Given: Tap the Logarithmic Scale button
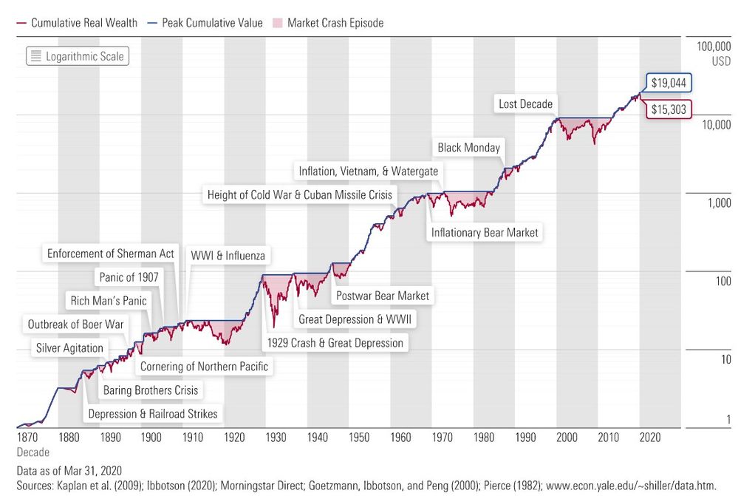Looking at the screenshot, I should (x=77, y=56).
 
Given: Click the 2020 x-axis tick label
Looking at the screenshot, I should (x=649, y=438).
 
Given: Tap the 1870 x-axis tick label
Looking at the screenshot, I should (x=27, y=438).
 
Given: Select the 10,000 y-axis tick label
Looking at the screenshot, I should (x=713, y=125).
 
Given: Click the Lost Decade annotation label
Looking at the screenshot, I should (x=525, y=104).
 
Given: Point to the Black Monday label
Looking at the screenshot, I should (x=468, y=148).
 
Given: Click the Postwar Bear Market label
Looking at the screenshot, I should (x=382, y=296).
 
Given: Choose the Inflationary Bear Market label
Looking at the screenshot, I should (x=484, y=233).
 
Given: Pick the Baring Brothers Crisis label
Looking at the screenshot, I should (x=151, y=390).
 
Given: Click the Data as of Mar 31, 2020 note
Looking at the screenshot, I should (x=69, y=470).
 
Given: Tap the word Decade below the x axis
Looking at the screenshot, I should (x=33, y=452).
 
